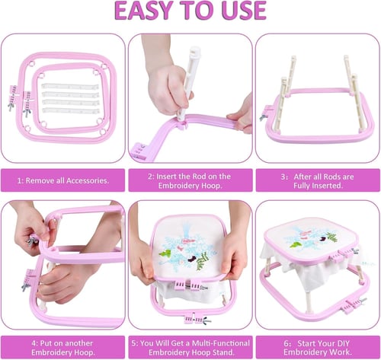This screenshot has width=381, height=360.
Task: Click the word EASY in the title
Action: [x=143, y=11]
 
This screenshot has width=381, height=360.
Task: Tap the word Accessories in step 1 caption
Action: [x=88, y=180]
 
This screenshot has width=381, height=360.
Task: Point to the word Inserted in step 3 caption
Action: [x=327, y=186]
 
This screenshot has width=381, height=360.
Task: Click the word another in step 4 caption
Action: [x=78, y=343]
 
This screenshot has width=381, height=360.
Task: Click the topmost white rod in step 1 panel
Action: [x=70, y=86]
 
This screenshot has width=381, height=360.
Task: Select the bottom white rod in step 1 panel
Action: [x=71, y=111]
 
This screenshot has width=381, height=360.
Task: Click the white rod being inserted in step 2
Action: [x=188, y=82]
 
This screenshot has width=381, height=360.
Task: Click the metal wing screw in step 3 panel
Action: [x=263, y=117]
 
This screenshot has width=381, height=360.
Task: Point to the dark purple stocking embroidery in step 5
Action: [x=191, y=259]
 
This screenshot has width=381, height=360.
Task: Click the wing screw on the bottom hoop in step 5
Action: [x=207, y=320]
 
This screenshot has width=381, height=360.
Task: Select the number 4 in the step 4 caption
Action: [x=34, y=343]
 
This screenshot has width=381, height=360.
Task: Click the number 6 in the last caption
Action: [x=287, y=343]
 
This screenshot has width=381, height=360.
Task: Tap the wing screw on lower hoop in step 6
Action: [x=363, y=301]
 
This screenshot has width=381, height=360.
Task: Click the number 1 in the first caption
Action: [x=19, y=180]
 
